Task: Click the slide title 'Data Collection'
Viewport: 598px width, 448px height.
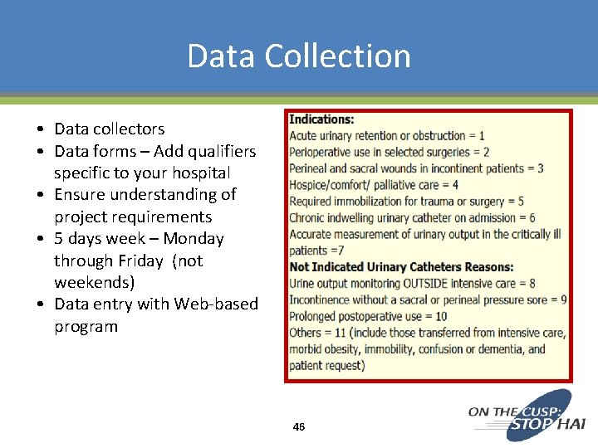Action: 299,56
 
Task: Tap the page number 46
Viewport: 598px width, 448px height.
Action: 299,426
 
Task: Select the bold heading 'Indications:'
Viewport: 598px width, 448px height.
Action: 321,119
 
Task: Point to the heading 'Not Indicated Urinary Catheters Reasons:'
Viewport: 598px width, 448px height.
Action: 401,267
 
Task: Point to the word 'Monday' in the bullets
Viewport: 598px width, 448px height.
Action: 194,239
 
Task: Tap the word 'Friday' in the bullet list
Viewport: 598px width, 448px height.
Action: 140,261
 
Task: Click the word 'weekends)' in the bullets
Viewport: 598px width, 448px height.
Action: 95,282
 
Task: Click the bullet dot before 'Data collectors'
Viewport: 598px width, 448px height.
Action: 40,129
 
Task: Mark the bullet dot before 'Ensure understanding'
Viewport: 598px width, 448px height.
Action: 40,195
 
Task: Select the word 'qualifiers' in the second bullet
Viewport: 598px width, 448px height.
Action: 217,151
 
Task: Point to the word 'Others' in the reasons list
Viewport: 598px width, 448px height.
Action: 307,333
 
